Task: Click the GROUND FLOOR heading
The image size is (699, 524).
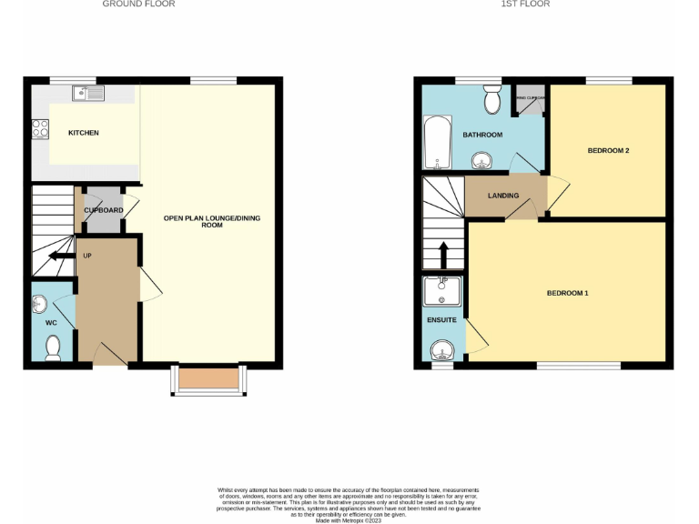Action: [138, 5]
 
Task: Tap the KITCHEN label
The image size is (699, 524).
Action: [84, 134]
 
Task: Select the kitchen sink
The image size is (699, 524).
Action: [89, 92]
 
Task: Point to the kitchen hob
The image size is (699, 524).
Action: [41, 129]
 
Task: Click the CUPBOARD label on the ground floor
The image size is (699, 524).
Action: [104, 210]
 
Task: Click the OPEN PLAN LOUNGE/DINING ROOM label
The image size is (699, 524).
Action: [205, 221]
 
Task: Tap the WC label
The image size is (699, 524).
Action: [51, 322]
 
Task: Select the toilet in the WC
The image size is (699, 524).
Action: [53, 347]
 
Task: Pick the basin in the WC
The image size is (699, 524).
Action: [40, 303]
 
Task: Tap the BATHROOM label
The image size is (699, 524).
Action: [481, 135]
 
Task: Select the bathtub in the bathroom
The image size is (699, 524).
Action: [437, 143]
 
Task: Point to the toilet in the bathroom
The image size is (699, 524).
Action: [492, 100]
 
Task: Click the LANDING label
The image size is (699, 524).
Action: [503, 196]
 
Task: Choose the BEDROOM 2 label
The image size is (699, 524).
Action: [608, 150]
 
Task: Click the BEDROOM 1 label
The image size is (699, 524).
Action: [568, 293]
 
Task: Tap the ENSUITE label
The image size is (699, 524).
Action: [441, 320]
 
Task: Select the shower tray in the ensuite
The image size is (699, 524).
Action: [442, 291]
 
